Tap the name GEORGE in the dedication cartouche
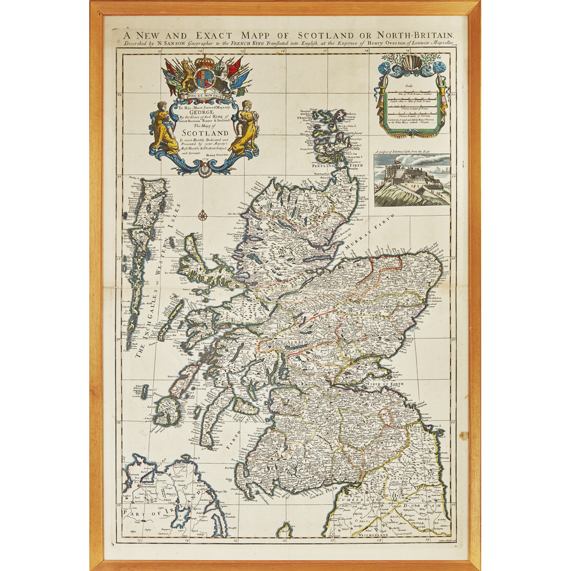tap(204, 112)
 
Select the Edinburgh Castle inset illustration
tap(412, 180)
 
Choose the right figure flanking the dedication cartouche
tap(245, 127)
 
